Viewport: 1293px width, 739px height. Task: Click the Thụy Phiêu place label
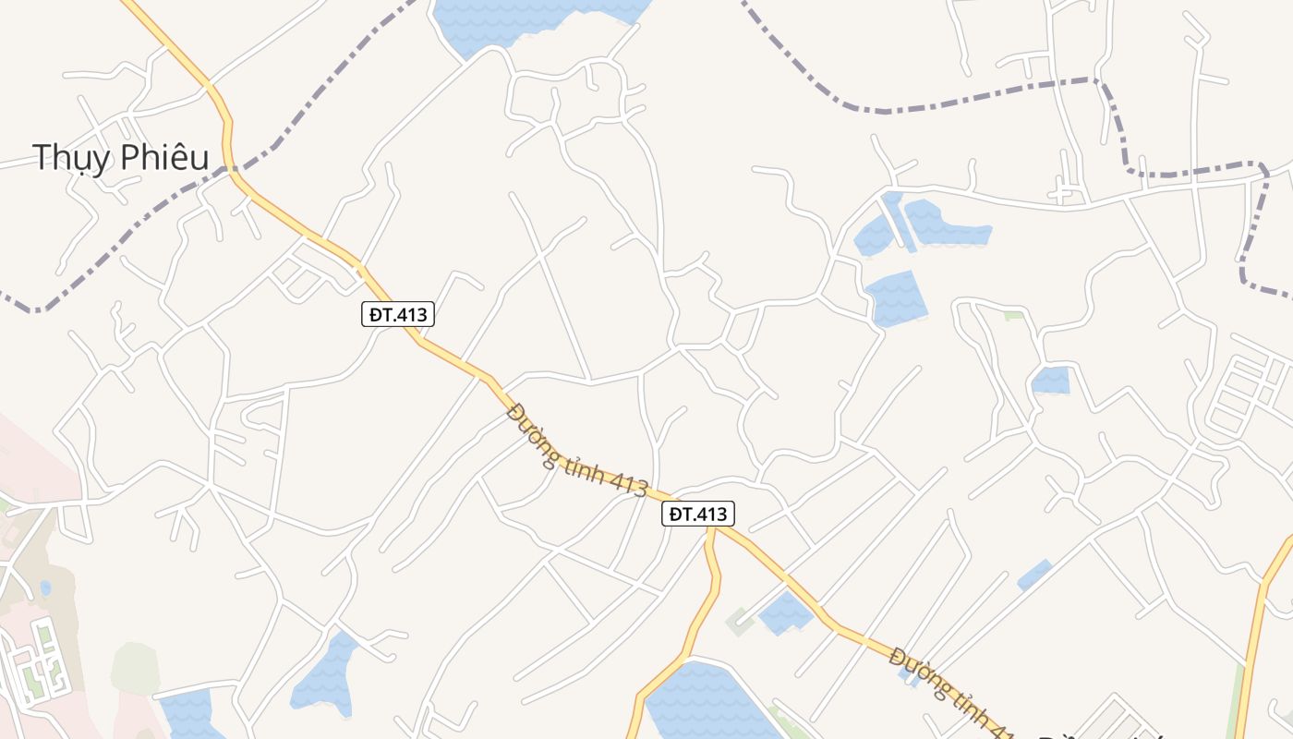click(x=120, y=158)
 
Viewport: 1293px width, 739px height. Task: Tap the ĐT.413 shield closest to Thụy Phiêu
click(x=397, y=314)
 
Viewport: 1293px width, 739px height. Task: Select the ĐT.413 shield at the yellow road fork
click(x=697, y=514)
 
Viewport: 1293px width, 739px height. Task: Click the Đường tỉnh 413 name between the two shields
click(x=577, y=451)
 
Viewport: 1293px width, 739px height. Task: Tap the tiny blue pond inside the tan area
click(x=45, y=587)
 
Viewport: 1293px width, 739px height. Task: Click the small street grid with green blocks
click(x=37, y=660)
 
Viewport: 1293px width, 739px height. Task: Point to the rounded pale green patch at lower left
click(x=135, y=667)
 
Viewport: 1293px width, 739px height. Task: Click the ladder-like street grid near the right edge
click(x=1247, y=388)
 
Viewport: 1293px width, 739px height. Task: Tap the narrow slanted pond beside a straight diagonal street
click(x=1034, y=575)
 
